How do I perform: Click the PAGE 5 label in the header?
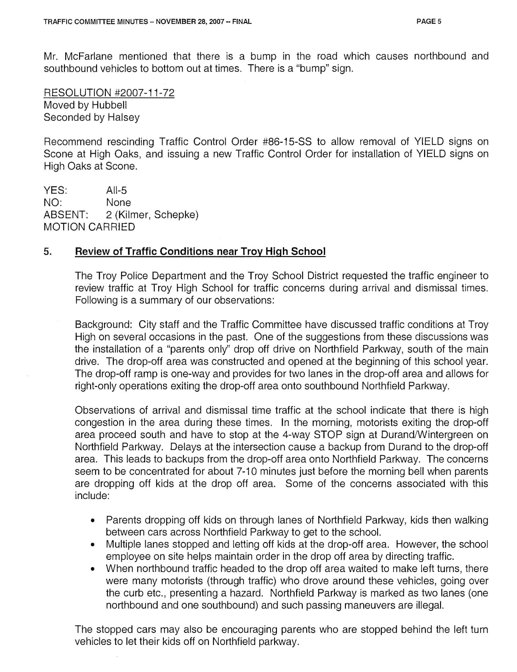(x=428, y=22)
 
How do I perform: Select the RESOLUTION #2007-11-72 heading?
(x=109, y=93)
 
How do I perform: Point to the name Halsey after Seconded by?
(x=124, y=118)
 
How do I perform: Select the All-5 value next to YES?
(x=116, y=190)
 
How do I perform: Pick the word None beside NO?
(x=118, y=203)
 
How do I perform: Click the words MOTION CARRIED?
(x=89, y=227)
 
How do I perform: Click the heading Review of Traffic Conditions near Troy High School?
(x=200, y=251)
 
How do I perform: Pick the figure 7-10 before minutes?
(x=247, y=472)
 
